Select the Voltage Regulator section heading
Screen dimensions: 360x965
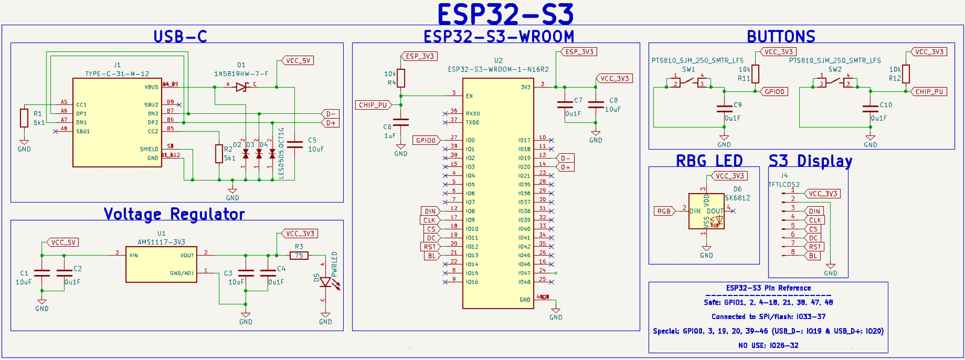pos(174,214)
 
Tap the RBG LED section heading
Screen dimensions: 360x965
pos(709,161)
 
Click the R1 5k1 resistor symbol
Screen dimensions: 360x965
pos(24,118)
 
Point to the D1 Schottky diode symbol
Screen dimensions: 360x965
pos(241,87)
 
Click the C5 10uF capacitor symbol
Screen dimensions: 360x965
pos(295,144)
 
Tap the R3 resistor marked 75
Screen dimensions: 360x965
pos(299,256)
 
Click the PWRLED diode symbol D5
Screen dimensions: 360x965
pos(326,282)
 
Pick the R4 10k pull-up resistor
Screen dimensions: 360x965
pos(401,78)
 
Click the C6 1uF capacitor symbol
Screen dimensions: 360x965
pos(401,122)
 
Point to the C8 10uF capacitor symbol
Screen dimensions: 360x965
pos(596,104)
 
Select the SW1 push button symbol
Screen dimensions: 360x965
pos(689,81)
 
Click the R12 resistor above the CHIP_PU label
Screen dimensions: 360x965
pos(906,74)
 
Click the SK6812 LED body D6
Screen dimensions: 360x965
pos(706,211)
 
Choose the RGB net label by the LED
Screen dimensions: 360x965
pos(663,211)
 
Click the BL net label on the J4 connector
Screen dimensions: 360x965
pos(813,256)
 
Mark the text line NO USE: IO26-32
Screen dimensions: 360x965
pos(768,346)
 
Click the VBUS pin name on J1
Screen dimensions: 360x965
pos(151,87)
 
